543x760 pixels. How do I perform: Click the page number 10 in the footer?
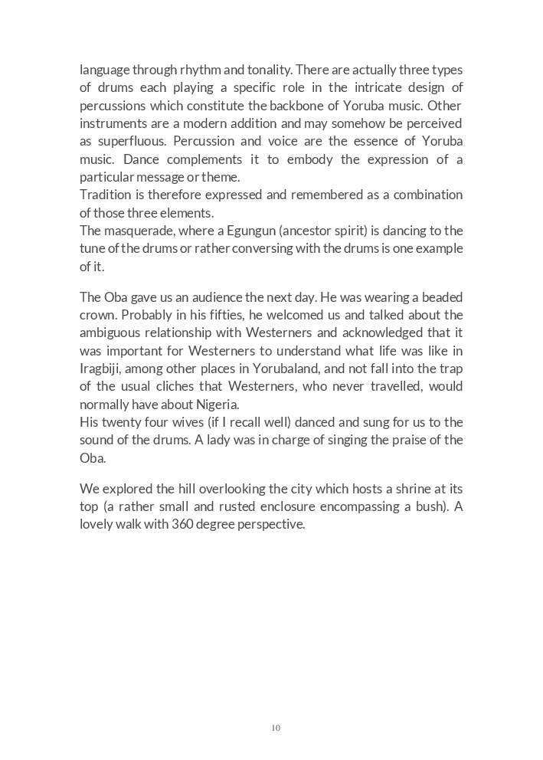(276, 728)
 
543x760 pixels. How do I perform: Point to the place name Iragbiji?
(100, 369)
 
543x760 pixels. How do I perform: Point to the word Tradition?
(106, 195)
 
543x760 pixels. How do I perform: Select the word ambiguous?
(110, 332)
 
